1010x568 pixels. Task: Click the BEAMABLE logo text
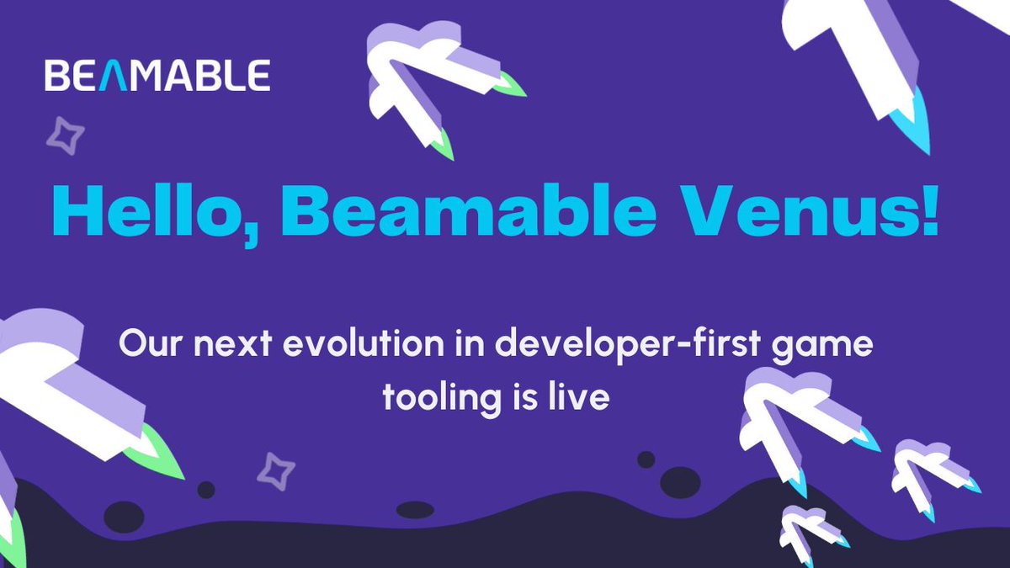point(157,75)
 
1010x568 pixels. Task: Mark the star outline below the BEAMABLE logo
point(65,135)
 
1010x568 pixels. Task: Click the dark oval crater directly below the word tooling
point(414,509)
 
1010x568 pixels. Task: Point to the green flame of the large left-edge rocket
point(156,459)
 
